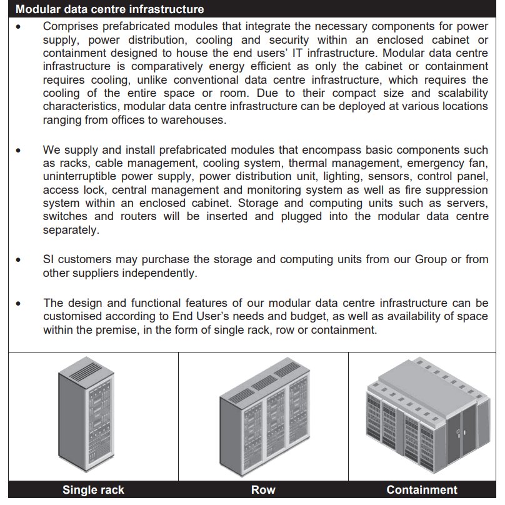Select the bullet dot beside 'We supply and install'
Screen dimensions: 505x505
[19, 151]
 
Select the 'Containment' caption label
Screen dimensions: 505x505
[422, 490]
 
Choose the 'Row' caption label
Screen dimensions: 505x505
[263, 490]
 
